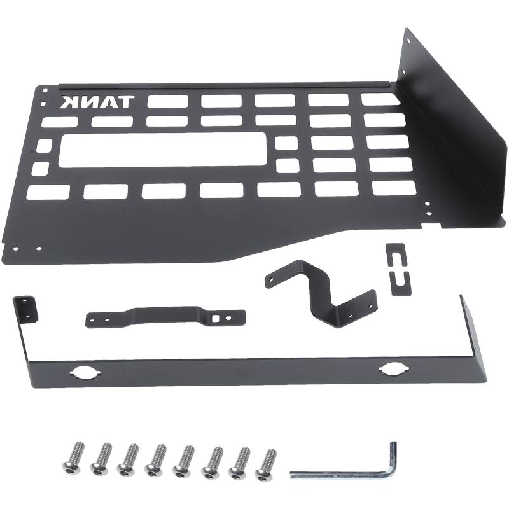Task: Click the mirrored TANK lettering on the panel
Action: [97, 102]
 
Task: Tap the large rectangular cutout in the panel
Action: [163, 151]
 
